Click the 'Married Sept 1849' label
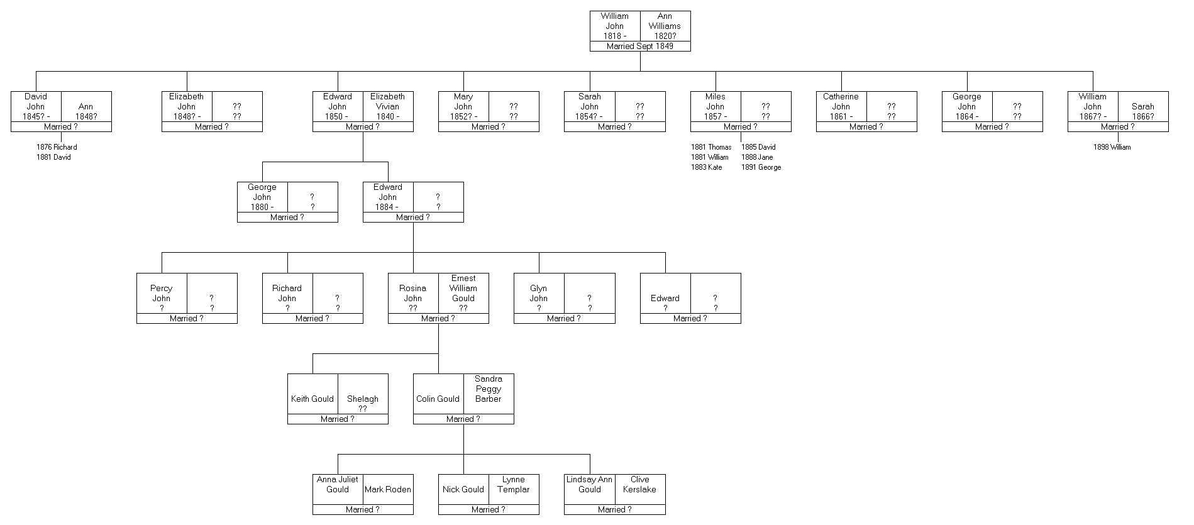(x=639, y=47)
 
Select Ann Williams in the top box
(x=665, y=26)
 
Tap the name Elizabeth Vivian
(x=387, y=106)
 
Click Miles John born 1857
(x=715, y=106)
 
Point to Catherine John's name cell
(x=841, y=106)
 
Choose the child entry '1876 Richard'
(x=57, y=147)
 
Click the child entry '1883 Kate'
(x=706, y=167)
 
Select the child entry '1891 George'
(x=761, y=167)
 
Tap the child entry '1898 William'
(x=1112, y=147)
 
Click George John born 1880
(x=262, y=197)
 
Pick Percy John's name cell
(x=162, y=298)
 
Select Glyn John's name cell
(x=538, y=298)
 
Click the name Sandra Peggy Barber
(x=489, y=389)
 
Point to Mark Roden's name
(x=388, y=489)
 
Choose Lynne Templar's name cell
(x=514, y=484)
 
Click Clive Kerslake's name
(x=639, y=484)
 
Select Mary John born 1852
(x=463, y=106)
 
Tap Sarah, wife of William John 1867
(x=1142, y=111)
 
